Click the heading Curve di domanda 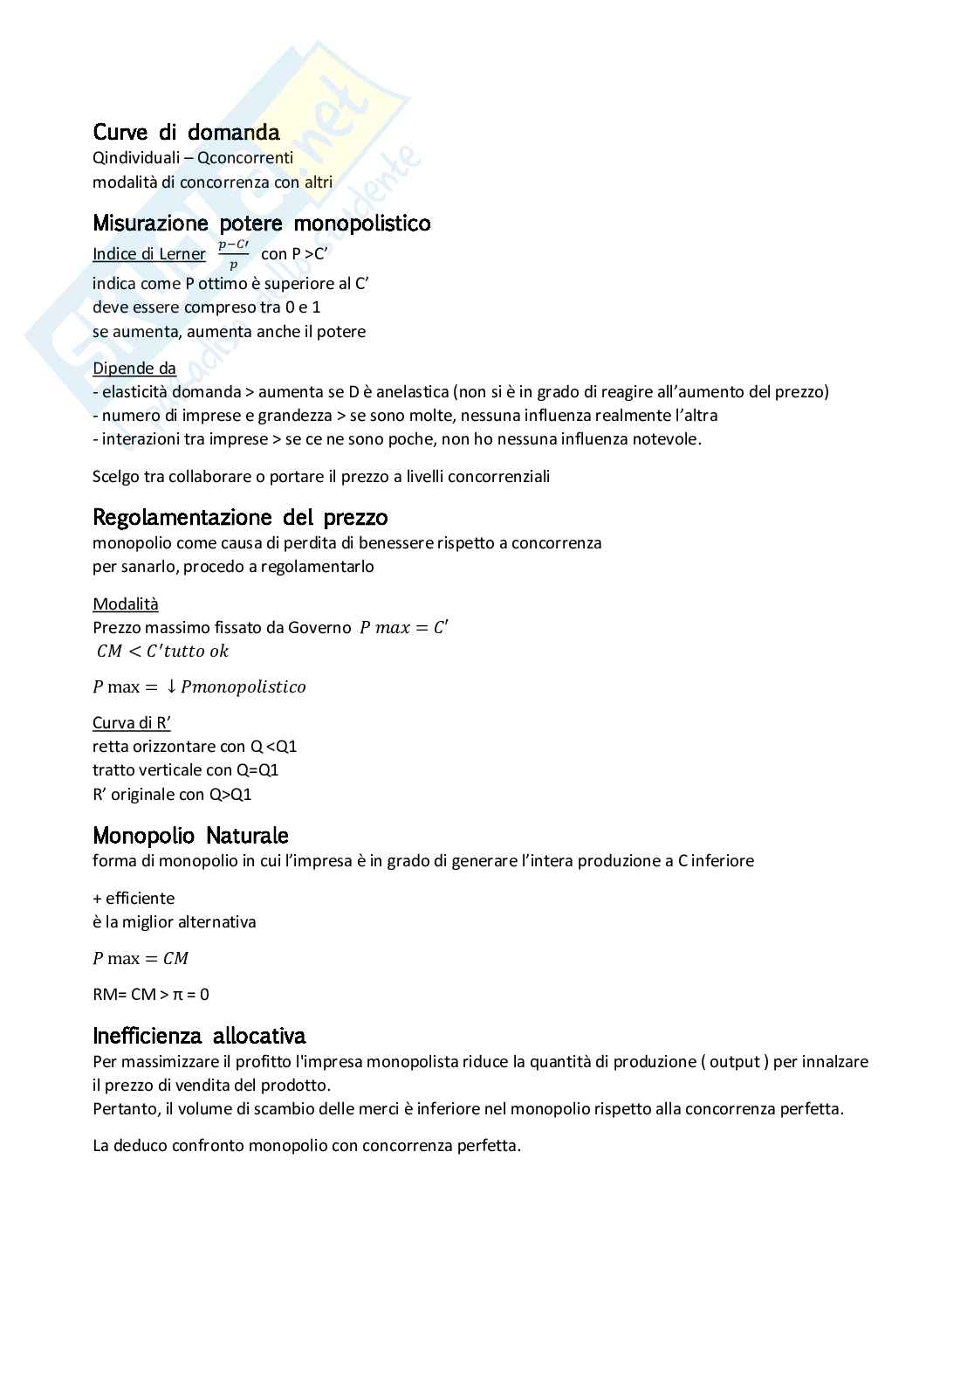click(x=186, y=133)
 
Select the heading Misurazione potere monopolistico click(x=261, y=224)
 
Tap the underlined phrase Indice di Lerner click(x=149, y=254)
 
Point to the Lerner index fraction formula click(x=233, y=254)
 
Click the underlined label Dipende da click(x=134, y=369)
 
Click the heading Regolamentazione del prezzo click(x=240, y=518)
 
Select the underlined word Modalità click(x=126, y=604)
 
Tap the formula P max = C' click(x=404, y=628)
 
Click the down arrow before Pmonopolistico click(x=172, y=687)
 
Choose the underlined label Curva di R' click(x=132, y=723)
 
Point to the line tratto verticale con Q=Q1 click(x=186, y=770)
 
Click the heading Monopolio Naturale click(x=190, y=836)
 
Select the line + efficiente click(x=134, y=899)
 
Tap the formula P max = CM click(x=141, y=959)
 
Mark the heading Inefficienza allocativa click(x=199, y=1037)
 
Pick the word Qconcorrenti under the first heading click(x=245, y=159)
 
